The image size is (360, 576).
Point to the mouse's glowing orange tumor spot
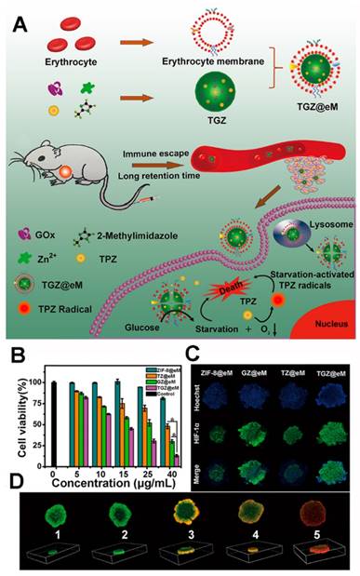67,172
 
